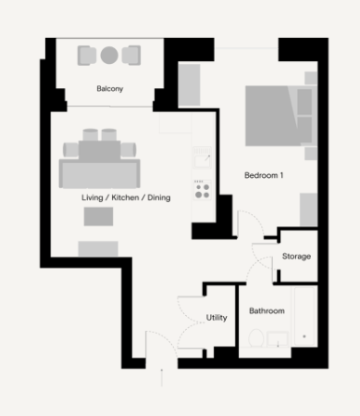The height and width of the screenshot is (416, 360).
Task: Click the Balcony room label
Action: (x=110, y=89)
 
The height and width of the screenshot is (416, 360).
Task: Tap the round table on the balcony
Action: (x=109, y=56)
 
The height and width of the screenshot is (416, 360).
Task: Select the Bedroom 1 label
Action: (x=264, y=175)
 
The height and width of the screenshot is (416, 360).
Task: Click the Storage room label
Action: (x=296, y=256)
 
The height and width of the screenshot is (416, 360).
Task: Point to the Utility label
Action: (x=217, y=318)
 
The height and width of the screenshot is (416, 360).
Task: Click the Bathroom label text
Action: (x=267, y=310)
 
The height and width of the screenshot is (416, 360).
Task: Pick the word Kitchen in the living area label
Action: (x=125, y=197)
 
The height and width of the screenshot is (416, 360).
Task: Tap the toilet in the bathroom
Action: (x=255, y=337)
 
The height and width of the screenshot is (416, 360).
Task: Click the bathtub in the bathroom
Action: (x=304, y=316)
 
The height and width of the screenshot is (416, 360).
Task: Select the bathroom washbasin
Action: (x=278, y=339)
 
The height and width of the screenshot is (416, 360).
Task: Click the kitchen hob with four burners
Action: (x=203, y=190)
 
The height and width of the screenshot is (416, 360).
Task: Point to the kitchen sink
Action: (x=203, y=158)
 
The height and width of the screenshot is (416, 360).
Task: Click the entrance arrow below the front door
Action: (x=162, y=377)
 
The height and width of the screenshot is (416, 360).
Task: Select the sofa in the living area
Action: (x=99, y=173)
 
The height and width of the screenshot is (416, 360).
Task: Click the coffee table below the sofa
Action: (x=98, y=217)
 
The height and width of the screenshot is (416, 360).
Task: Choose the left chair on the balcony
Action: (x=87, y=56)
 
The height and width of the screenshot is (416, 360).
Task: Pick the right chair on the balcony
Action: (x=131, y=56)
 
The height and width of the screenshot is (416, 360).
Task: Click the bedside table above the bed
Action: (x=311, y=78)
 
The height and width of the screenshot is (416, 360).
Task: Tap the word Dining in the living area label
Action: (x=159, y=197)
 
